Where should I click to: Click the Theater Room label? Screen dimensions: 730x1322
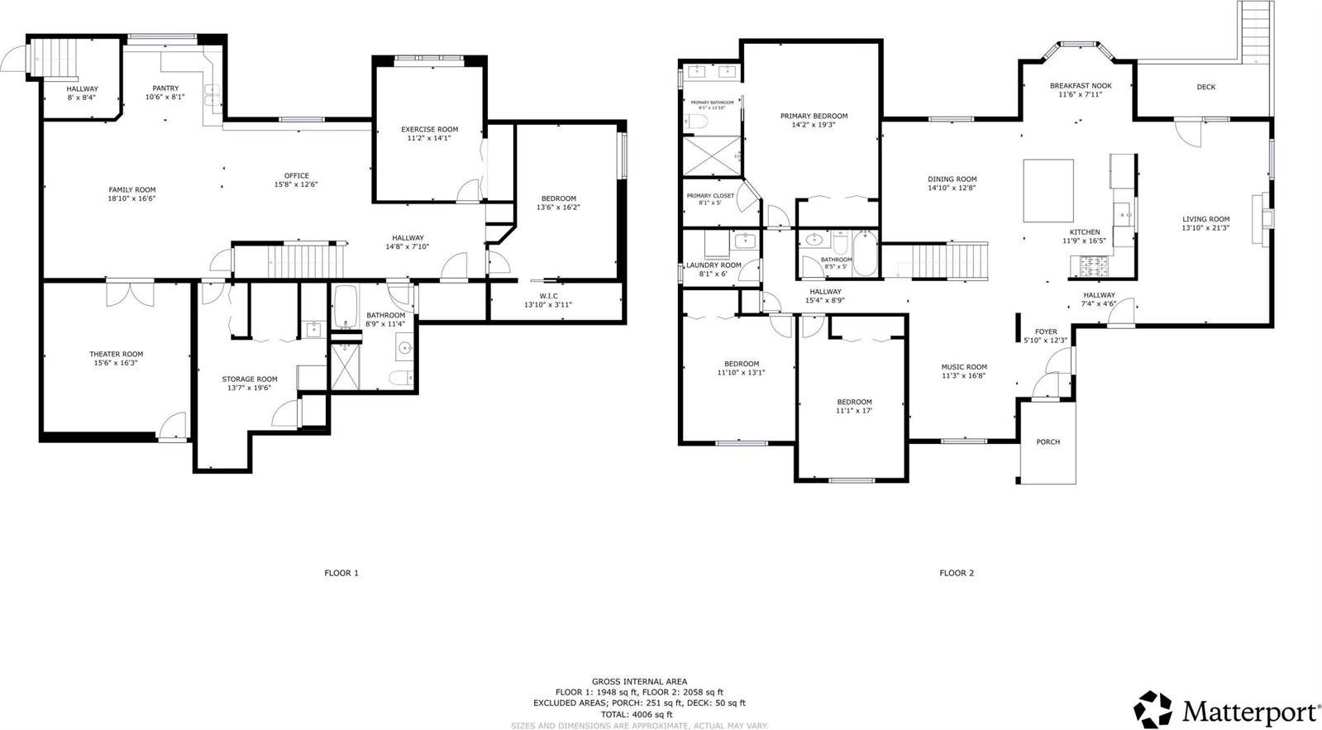pos(116,354)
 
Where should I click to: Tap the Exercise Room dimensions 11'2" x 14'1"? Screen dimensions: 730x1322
pos(429,138)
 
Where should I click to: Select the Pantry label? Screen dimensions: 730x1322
pos(165,88)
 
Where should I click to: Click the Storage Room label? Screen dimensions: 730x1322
pos(250,379)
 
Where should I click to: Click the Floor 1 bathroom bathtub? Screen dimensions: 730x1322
pos(346,307)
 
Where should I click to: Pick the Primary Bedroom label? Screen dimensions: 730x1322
pos(814,116)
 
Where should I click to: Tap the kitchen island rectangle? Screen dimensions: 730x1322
pos(1048,191)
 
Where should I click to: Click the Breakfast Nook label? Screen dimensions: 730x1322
pos(1081,85)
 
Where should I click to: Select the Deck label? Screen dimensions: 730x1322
pos(1205,87)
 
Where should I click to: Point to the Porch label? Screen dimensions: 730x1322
pos(1048,441)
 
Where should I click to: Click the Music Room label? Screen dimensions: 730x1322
pos(964,367)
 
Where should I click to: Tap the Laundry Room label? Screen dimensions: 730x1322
pos(713,265)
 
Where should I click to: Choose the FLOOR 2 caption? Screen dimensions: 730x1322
pos(957,573)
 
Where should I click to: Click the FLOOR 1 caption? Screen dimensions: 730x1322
pos(341,573)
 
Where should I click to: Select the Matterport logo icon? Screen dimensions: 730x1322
pos(1153,710)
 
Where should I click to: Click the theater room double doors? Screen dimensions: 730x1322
pos(130,294)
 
